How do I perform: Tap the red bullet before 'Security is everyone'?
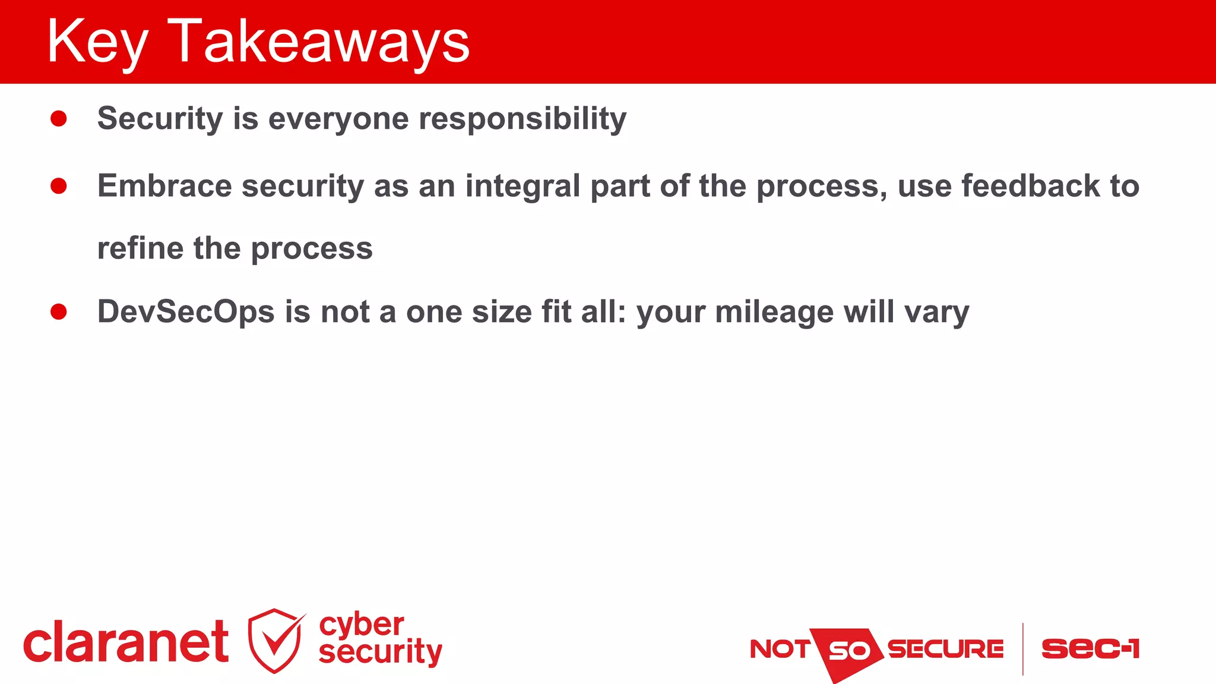pos(59,119)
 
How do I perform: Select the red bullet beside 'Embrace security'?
pos(59,187)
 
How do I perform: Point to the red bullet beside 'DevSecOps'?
pos(59,312)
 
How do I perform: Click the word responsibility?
pos(522,119)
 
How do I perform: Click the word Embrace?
pos(164,186)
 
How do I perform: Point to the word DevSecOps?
pos(186,312)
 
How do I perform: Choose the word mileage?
pos(774,312)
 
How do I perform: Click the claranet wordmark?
pos(126,642)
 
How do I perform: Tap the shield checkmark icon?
pos(275,641)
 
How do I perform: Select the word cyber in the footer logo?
pos(361,625)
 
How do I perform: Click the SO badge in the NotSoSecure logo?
pos(848,651)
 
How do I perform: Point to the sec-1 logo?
pos(1090,648)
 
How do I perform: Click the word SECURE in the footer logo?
pos(945,649)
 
